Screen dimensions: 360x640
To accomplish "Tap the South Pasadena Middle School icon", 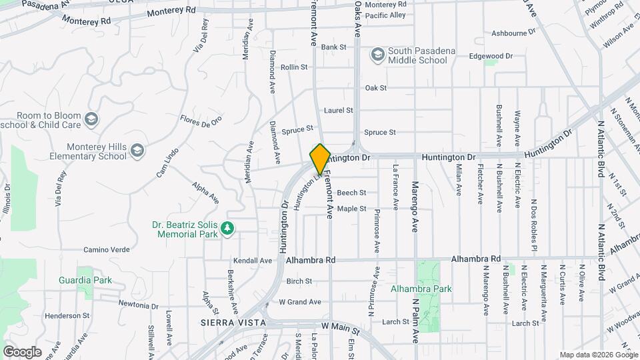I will [378, 54].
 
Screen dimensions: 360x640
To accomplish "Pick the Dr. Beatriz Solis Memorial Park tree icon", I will [228, 229].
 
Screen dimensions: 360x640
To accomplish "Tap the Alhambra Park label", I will [421, 289].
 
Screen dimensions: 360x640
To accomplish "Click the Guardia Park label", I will [85, 280].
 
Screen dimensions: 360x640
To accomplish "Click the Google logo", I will [22, 351].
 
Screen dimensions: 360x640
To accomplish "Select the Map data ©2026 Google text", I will [597, 355].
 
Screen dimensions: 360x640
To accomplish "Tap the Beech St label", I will [351, 193].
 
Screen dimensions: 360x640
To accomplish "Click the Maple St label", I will [351, 209].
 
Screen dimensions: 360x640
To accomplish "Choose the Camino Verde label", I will [105, 250].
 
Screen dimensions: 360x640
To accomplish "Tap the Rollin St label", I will [294, 67].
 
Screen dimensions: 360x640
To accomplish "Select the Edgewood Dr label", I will [491, 56].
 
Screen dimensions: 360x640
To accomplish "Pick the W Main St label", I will [340, 327].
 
